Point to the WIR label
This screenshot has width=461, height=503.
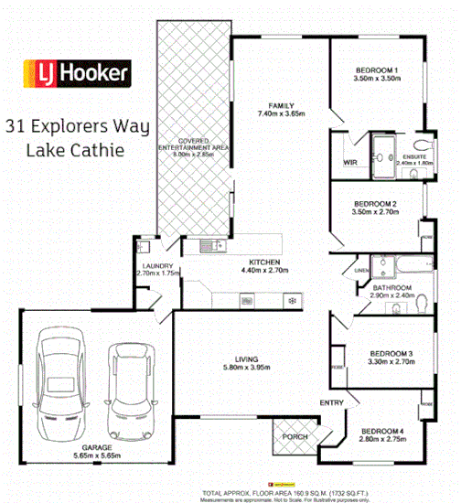pyautogui.click(x=348, y=163)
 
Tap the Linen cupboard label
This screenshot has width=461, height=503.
pyautogui.click(x=361, y=271)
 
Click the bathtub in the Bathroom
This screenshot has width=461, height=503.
pyautogui.click(x=398, y=266)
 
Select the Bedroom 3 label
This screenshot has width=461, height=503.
pyautogui.click(x=391, y=353)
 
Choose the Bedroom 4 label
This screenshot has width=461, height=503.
pyautogui.click(x=383, y=431)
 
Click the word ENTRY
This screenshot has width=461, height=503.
pyautogui.click(x=331, y=402)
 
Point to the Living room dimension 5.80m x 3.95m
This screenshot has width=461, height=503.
pyautogui.click(x=248, y=369)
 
